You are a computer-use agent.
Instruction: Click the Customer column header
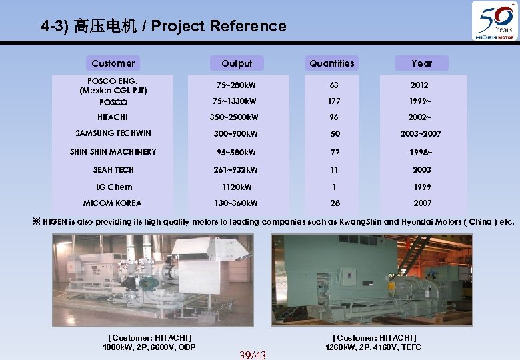113,63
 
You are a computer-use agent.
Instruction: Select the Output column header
237,63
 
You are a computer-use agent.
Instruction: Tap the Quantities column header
332,63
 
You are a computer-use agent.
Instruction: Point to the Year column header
421,63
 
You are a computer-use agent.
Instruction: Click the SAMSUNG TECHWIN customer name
113,133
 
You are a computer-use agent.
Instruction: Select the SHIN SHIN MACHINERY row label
113,151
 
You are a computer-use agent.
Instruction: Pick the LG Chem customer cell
113,187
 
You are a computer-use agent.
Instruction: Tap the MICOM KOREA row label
113,203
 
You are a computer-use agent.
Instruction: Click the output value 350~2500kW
237,117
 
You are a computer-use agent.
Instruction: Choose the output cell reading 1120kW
237,187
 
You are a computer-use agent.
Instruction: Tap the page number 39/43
252,355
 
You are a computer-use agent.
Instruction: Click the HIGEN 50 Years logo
494,21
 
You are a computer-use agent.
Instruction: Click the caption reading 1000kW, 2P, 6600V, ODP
149,347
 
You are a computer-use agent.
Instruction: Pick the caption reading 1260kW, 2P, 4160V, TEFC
373,347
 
